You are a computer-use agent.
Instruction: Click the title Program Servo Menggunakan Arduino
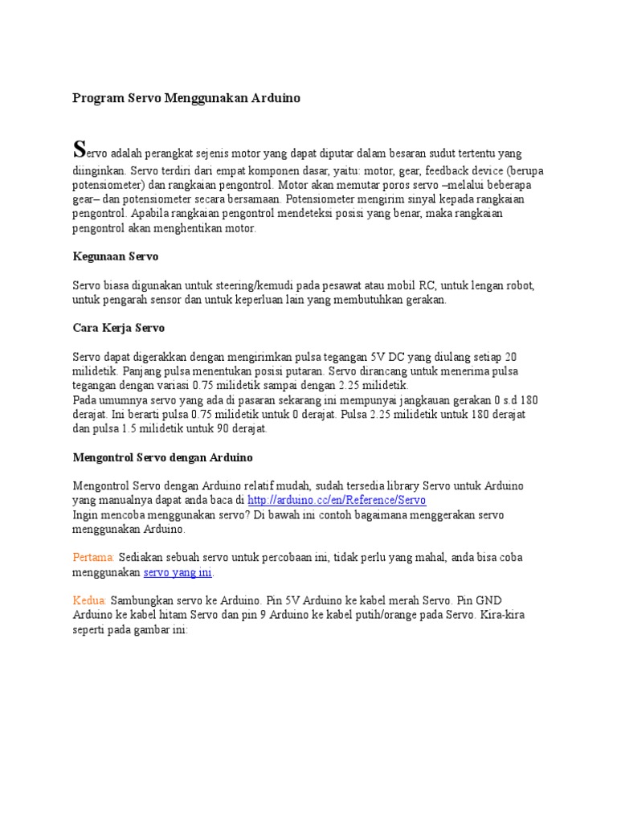point(186,98)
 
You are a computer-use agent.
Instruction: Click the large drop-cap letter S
point(79,149)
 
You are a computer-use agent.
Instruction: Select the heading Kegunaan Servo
point(115,256)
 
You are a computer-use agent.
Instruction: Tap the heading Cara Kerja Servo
point(118,328)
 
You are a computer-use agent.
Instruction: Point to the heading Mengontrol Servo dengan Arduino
point(162,457)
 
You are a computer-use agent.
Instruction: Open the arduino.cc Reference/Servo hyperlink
point(336,500)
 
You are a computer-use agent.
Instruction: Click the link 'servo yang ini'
point(178,572)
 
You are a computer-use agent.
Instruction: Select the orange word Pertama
point(93,558)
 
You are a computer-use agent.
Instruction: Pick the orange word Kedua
point(89,600)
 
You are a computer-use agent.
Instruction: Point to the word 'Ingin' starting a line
point(85,514)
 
